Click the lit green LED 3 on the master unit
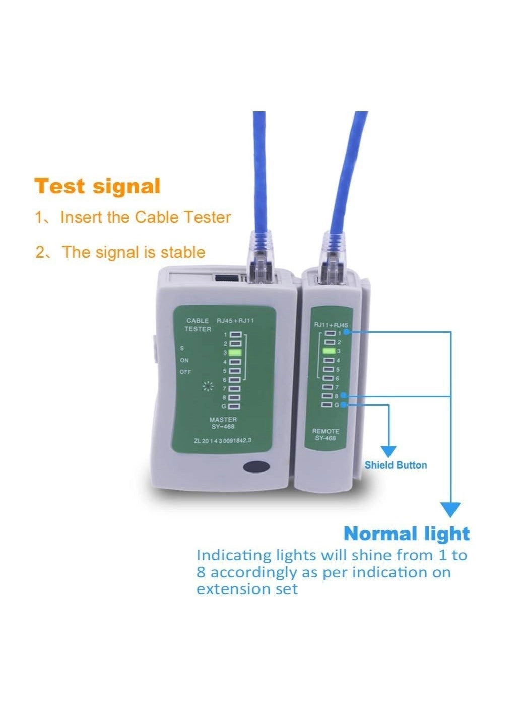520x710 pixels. tap(235, 352)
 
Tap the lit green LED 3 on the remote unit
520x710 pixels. tap(329, 351)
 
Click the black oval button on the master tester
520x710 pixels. tap(256, 466)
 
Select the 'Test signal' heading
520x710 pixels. tap(98, 186)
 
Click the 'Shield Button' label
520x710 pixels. tap(396, 465)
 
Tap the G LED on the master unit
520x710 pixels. tap(235, 406)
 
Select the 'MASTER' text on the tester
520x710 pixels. tap(223, 420)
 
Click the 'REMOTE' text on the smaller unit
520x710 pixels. tap(326, 431)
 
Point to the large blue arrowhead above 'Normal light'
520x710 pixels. tap(450, 509)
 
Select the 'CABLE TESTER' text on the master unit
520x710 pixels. tap(198, 325)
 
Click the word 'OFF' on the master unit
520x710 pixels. tap(185, 372)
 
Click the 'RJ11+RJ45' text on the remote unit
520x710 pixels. tap(331, 325)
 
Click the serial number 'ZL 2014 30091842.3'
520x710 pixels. tap(222, 440)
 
